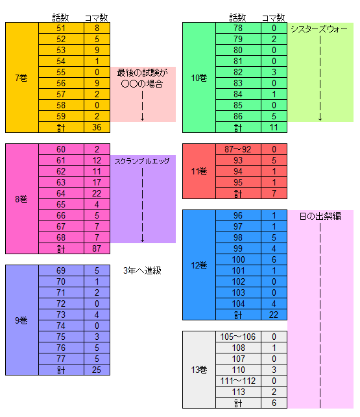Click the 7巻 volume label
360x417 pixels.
click(x=21, y=78)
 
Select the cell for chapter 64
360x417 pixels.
click(x=61, y=193)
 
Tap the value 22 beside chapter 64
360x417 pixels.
click(x=97, y=193)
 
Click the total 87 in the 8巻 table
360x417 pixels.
click(x=97, y=248)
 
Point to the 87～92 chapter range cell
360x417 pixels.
click(x=238, y=149)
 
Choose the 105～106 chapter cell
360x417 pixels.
click(x=238, y=337)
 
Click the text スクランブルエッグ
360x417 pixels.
click(x=142, y=161)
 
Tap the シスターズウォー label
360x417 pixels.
click(x=319, y=29)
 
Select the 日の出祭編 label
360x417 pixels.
click(x=320, y=216)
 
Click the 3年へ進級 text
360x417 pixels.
click(x=142, y=270)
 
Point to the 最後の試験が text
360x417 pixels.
click(x=142, y=73)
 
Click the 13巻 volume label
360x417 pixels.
click(x=199, y=370)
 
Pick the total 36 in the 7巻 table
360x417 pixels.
click(x=97, y=127)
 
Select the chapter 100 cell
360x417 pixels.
click(x=239, y=259)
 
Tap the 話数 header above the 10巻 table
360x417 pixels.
click(x=237, y=18)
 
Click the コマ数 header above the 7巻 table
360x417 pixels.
click(x=96, y=18)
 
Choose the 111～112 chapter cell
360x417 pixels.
click(x=238, y=381)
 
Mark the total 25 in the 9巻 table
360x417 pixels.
click(x=97, y=370)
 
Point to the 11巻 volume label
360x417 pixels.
click(x=199, y=171)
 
